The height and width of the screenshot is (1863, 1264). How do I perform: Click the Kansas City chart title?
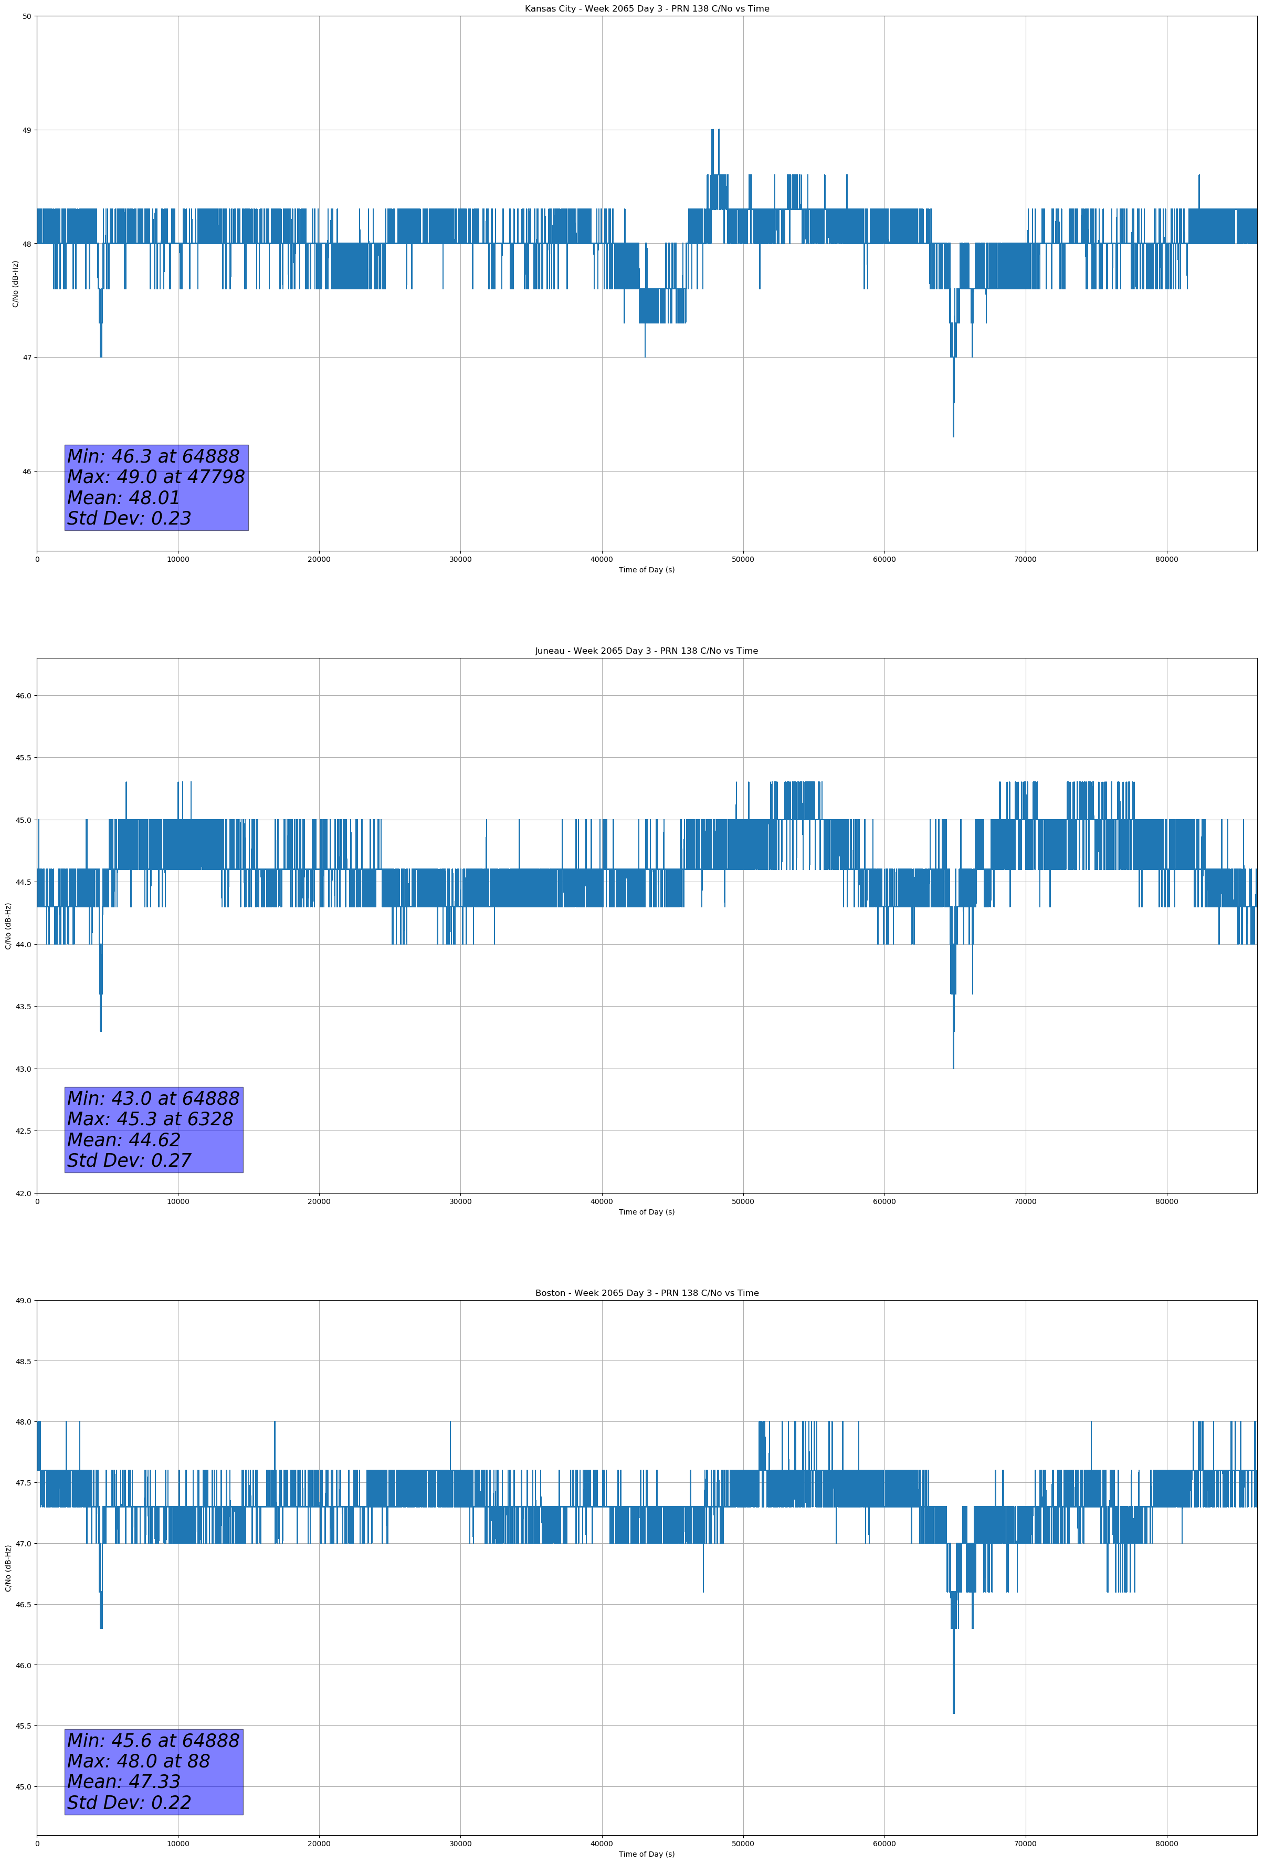click(x=646, y=9)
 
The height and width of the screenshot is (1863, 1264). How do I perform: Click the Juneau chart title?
click(x=646, y=651)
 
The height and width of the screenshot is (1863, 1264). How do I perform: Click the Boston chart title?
click(x=646, y=1293)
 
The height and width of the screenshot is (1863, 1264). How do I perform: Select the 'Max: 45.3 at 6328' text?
click(x=150, y=1119)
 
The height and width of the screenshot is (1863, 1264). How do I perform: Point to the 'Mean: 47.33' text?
click(x=123, y=1781)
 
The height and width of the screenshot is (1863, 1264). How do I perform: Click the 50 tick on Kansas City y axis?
click(x=26, y=16)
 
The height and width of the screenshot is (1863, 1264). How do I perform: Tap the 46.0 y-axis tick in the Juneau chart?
click(x=23, y=696)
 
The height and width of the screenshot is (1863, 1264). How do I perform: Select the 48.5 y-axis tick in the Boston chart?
click(x=23, y=1361)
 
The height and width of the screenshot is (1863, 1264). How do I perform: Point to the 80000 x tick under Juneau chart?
click(x=1166, y=1201)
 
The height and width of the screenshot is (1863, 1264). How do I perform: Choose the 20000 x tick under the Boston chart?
click(x=319, y=1844)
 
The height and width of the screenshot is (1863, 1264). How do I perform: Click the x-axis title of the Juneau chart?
click(x=646, y=1212)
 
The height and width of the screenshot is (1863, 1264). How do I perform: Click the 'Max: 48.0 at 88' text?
click(x=138, y=1761)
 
